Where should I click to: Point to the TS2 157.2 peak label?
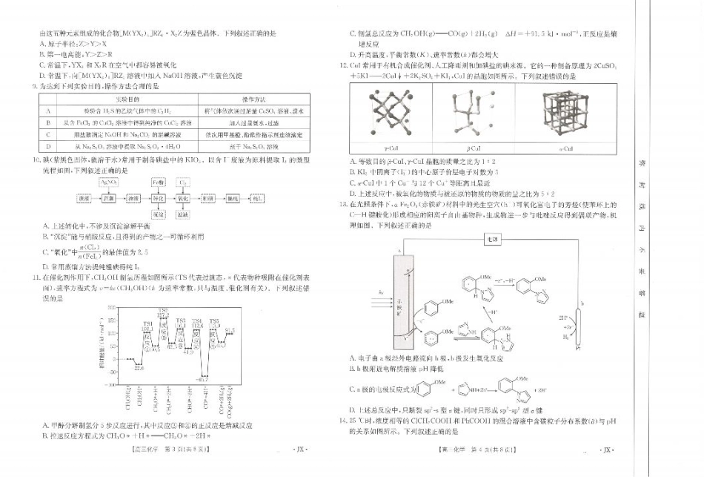162,312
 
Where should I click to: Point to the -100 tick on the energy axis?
110,385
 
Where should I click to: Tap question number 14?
342,421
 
